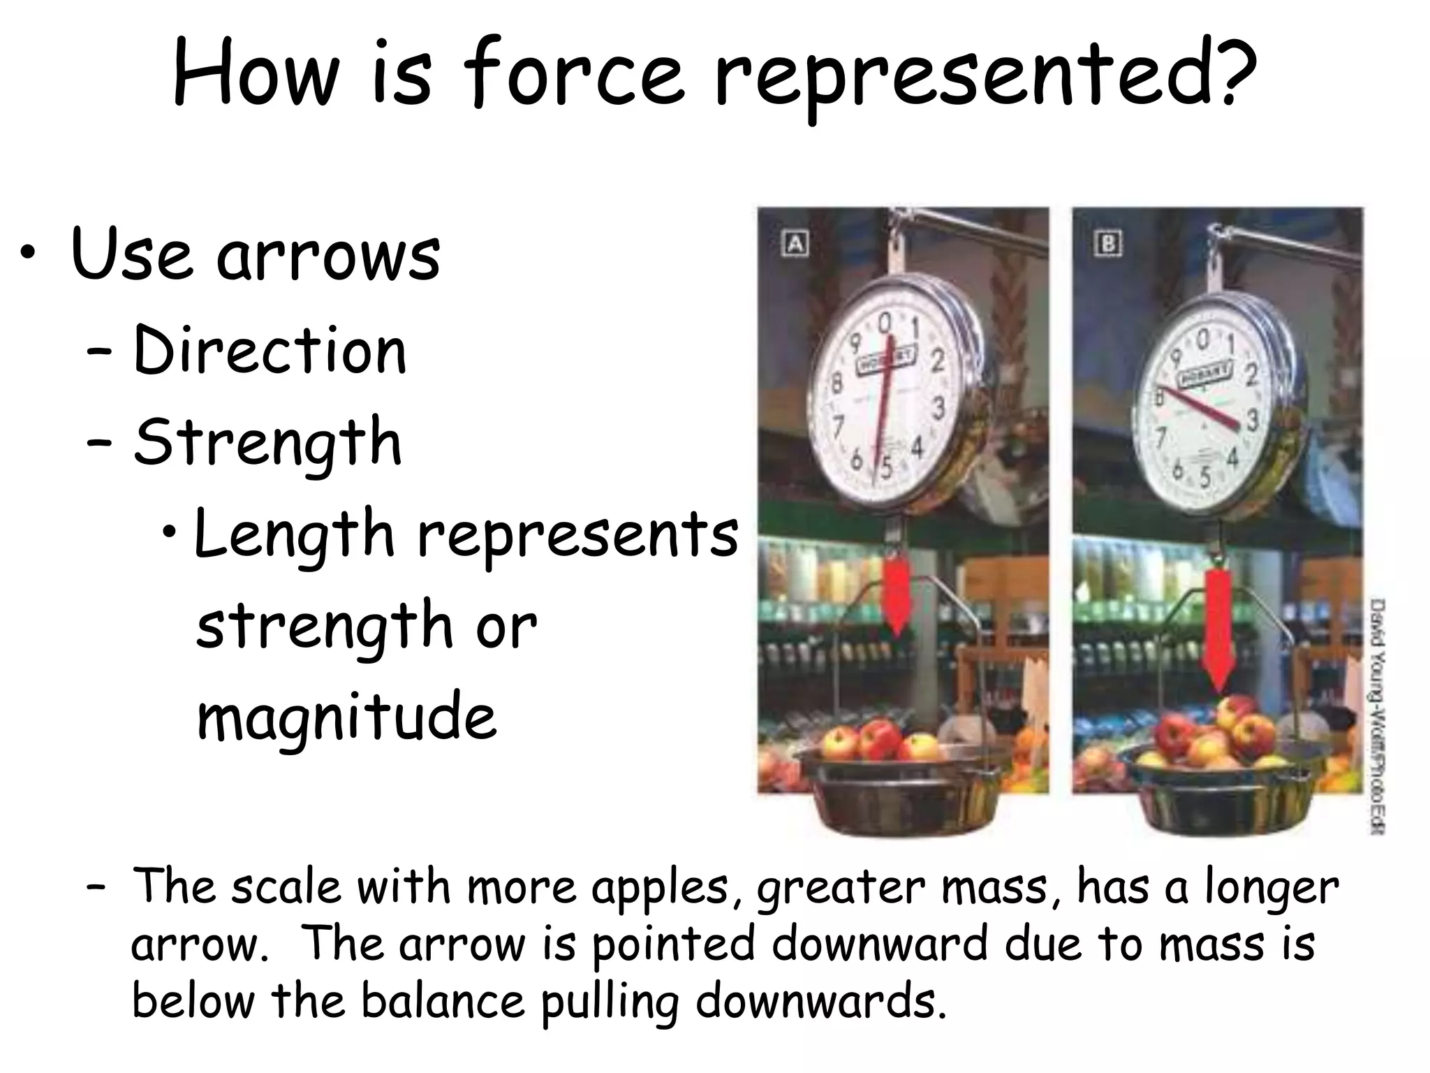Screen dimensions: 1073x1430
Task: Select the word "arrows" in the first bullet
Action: pos(328,255)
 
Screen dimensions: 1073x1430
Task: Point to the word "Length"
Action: pos(294,534)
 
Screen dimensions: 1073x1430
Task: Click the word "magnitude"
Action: pos(347,716)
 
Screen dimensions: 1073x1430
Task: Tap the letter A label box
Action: pos(794,243)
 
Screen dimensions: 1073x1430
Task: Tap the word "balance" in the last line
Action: pos(443,1000)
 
